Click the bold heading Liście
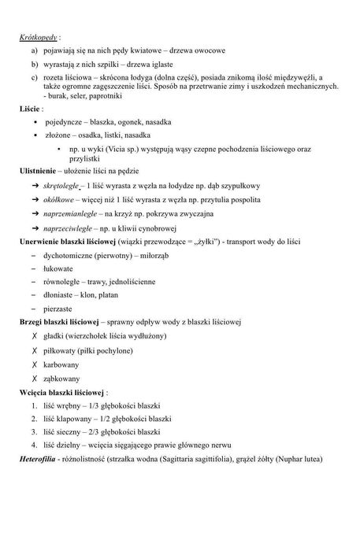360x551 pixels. [x=31, y=109]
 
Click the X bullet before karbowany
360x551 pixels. [x=35, y=364]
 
